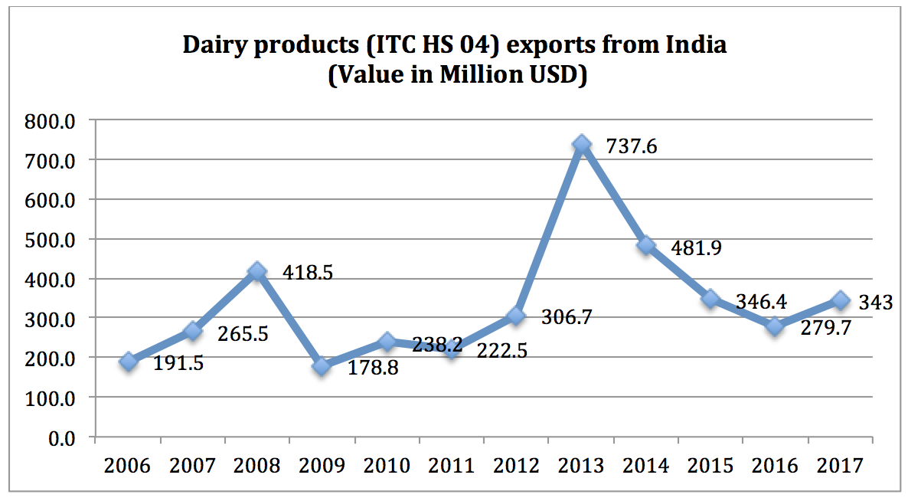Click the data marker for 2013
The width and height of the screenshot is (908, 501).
pyautogui.click(x=582, y=144)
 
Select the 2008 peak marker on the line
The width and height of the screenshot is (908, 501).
pyautogui.click(x=257, y=271)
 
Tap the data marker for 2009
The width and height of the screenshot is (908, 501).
pyautogui.click(x=322, y=366)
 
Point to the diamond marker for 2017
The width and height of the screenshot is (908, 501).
pyautogui.click(x=841, y=300)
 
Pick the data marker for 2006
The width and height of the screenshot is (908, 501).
pyautogui.click(x=128, y=361)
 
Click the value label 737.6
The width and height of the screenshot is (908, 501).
pyautogui.click(x=631, y=145)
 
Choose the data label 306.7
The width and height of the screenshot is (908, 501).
pyautogui.click(x=567, y=316)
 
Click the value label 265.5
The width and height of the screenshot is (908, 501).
pyautogui.click(x=242, y=335)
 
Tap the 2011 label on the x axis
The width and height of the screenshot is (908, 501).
pyautogui.click(x=451, y=465)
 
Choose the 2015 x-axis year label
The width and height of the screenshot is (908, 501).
pyautogui.click(x=710, y=465)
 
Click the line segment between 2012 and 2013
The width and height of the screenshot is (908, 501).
pyautogui.click(x=549, y=230)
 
